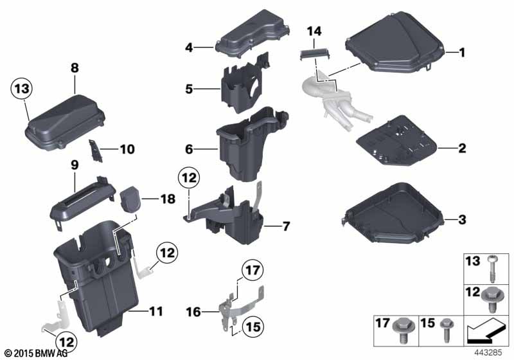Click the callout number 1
(x=462, y=52)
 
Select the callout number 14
(x=314, y=32)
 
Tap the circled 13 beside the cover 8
(x=22, y=89)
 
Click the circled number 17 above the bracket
(x=253, y=271)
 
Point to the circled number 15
(x=253, y=327)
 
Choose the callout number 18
(x=168, y=199)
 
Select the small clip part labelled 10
(x=95, y=150)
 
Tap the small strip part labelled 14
(x=315, y=53)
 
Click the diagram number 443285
(x=488, y=352)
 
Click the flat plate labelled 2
(x=396, y=140)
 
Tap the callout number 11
(x=155, y=312)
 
